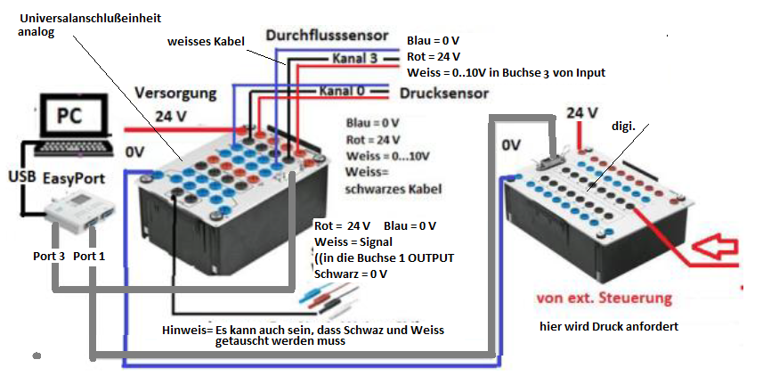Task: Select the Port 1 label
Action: [x=89, y=256]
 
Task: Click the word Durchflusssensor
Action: [x=327, y=36]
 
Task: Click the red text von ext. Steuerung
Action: [x=603, y=296]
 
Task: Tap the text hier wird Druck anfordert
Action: [x=609, y=327]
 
